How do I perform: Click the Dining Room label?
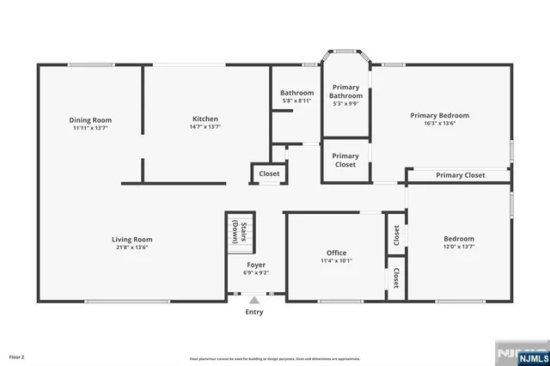click(x=90, y=119)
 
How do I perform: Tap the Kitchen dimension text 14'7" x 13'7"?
click(x=205, y=127)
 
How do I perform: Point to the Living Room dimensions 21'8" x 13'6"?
click(x=131, y=247)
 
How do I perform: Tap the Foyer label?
click(x=255, y=265)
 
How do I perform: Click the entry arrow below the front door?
click(x=254, y=300)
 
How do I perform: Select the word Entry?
click(x=254, y=311)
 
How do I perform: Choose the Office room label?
click(x=336, y=253)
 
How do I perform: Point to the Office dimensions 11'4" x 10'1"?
click(x=336, y=260)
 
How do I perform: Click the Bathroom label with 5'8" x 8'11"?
click(x=297, y=93)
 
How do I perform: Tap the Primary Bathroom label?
click(x=345, y=91)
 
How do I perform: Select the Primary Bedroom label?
click(x=439, y=115)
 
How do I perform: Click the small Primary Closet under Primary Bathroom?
click(x=345, y=160)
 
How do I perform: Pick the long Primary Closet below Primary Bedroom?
click(x=460, y=175)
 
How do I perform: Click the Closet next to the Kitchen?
click(x=269, y=174)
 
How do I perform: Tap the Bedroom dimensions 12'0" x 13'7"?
click(x=458, y=247)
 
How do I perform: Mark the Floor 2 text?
click(x=16, y=356)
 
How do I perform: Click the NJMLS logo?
click(x=521, y=354)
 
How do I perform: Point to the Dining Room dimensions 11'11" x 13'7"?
click(x=90, y=127)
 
